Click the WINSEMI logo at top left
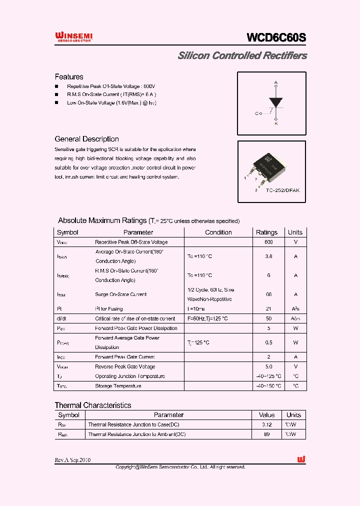tap(73, 36)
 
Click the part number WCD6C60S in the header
tap(276, 37)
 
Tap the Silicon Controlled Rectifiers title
tap(242, 55)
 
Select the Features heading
tap(69, 77)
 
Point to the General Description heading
tap(86, 139)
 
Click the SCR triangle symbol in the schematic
tap(275, 101)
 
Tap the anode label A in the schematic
tap(275, 82)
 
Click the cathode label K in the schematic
tap(276, 123)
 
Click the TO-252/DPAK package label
tap(282, 190)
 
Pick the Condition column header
tap(218, 232)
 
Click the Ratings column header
tap(266, 232)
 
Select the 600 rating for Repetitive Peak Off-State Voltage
tap(268, 242)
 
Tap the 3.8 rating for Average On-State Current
tap(268, 256)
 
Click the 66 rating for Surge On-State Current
tap(268, 294)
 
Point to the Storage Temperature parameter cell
tap(118, 386)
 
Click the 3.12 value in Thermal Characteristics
tap(267, 424)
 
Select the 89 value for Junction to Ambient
tap(267, 434)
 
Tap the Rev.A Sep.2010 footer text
tap(72, 460)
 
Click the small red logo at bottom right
tap(301, 459)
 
